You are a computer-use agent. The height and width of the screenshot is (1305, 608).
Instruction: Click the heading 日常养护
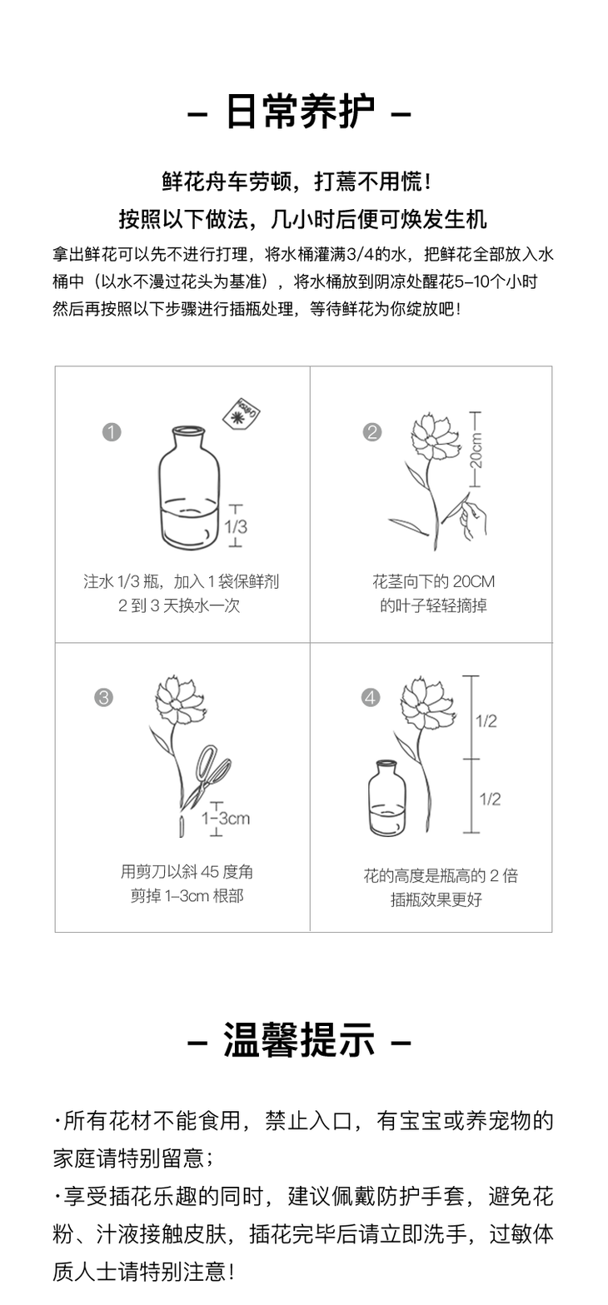[299, 112]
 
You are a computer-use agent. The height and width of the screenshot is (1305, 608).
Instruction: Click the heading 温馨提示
[299, 1040]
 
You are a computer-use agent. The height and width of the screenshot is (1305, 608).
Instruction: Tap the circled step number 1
[112, 432]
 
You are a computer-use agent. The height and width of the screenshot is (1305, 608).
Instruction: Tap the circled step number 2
[372, 432]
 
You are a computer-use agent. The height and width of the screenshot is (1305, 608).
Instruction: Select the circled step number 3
[103, 697]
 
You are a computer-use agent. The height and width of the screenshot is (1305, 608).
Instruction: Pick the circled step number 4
[371, 697]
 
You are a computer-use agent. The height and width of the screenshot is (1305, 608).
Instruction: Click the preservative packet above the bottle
[242, 414]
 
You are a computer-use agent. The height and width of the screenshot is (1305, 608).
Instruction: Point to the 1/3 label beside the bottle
[236, 526]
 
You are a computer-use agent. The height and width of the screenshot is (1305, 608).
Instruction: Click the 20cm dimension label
[476, 450]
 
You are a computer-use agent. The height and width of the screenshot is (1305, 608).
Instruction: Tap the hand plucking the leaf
[473, 515]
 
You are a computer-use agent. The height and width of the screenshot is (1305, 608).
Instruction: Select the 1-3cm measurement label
[226, 819]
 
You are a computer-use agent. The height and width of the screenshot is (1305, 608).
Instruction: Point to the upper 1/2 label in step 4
[486, 721]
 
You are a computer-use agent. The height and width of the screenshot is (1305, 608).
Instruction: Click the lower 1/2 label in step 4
[490, 799]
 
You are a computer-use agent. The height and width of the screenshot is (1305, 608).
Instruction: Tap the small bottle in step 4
[387, 798]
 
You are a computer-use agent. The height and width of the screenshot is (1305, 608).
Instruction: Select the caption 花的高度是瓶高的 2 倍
[441, 875]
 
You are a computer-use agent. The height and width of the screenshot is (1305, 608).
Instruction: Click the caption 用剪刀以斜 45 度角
[187, 872]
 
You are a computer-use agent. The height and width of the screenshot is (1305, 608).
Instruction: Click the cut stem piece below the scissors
[181, 826]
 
